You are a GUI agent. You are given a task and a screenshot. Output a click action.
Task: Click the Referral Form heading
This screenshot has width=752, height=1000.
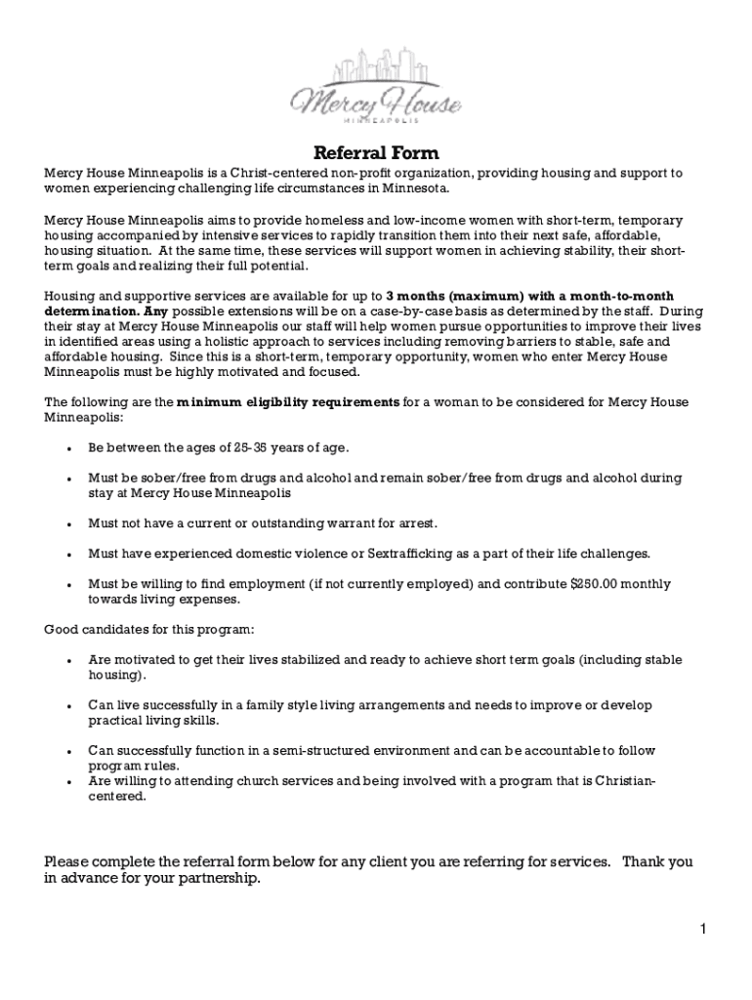pyautogui.click(x=376, y=152)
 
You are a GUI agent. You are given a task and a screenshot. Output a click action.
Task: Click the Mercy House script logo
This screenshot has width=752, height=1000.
pyautogui.click(x=376, y=100)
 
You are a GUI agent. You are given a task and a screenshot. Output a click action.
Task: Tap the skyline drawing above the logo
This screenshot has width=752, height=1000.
pyautogui.click(x=376, y=64)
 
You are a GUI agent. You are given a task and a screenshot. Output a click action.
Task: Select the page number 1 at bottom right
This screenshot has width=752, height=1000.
pyautogui.click(x=702, y=929)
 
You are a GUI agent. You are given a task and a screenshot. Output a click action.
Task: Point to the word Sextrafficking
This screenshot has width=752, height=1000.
pyautogui.click(x=412, y=554)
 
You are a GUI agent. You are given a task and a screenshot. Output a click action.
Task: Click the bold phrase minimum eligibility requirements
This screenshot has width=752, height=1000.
pyautogui.click(x=287, y=402)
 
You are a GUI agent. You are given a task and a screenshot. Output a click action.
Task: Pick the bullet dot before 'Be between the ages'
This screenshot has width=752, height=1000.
pyautogui.click(x=67, y=448)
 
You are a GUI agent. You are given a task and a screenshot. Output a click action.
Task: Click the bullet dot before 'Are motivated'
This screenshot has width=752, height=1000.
pyautogui.click(x=67, y=661)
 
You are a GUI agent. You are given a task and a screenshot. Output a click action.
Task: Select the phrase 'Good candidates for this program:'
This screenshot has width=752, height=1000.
pyautogui.click(x=149, y=629)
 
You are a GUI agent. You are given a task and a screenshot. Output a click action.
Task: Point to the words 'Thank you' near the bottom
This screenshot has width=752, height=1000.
pyautogui.click(x=657, y=862)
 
